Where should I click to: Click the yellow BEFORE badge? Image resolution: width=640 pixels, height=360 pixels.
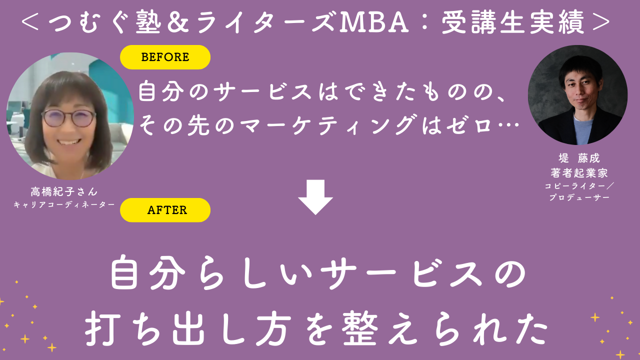[x=165, y=57]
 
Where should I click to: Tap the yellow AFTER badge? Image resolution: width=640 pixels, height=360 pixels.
[x=165, y=210]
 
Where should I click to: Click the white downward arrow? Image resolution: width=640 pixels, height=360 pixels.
[x=315, y=196]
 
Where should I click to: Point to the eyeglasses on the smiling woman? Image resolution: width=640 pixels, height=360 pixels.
[x=68, y=118]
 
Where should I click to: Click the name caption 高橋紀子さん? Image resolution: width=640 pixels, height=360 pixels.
[x=64, y=191]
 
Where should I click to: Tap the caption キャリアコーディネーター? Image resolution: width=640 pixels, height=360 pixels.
[x=64, y=204]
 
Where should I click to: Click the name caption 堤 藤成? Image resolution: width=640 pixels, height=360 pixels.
[x=578, y=159]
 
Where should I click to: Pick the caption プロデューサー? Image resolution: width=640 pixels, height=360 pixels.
[x=578, y=197]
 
